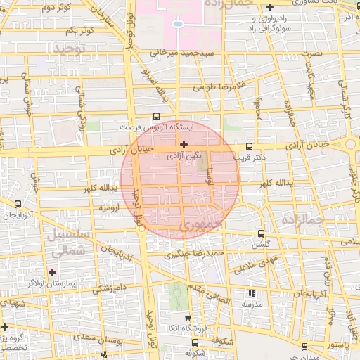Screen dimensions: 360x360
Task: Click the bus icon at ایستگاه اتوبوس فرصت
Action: coord(155,117)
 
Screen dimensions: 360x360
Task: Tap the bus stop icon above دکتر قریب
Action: coord(249,147)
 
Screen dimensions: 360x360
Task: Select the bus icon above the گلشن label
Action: coord(262,233)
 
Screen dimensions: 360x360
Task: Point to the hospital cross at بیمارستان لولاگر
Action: coord(52,271)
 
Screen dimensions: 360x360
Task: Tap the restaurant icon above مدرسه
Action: coord(252,293)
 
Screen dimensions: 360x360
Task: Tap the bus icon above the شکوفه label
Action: coord(195,342)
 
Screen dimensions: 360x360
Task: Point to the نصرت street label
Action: coord(310,53)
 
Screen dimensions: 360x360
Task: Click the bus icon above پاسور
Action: coord(303,346)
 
